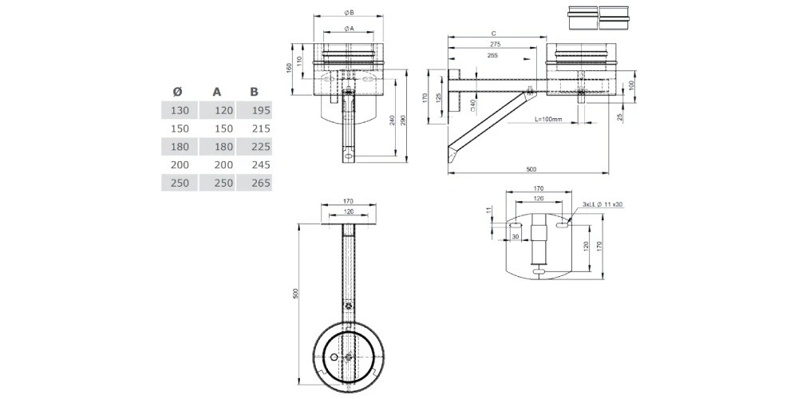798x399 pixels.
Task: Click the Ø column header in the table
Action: click(x=176, y=91)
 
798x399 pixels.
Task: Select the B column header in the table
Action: click(x=254, y=91)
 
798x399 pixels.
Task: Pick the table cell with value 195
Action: click(x=260, y=110)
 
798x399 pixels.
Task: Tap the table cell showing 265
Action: click(x=260, y=183)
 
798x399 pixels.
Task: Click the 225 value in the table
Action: click(x=260, y=147)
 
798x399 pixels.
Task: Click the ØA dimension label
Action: click(x=350, y=29)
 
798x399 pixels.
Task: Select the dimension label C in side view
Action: click(x=495, y=34)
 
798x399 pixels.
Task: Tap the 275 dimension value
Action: click(x=495, y=45)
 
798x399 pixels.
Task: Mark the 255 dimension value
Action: click(x=492, y=56)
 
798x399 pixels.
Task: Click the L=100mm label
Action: click(x=547, y=120)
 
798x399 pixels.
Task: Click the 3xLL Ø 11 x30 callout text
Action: click(x=602, y=205)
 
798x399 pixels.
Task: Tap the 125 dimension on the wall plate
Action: click(x=438, y=97)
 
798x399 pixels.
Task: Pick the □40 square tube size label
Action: click(x=473, y=103)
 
